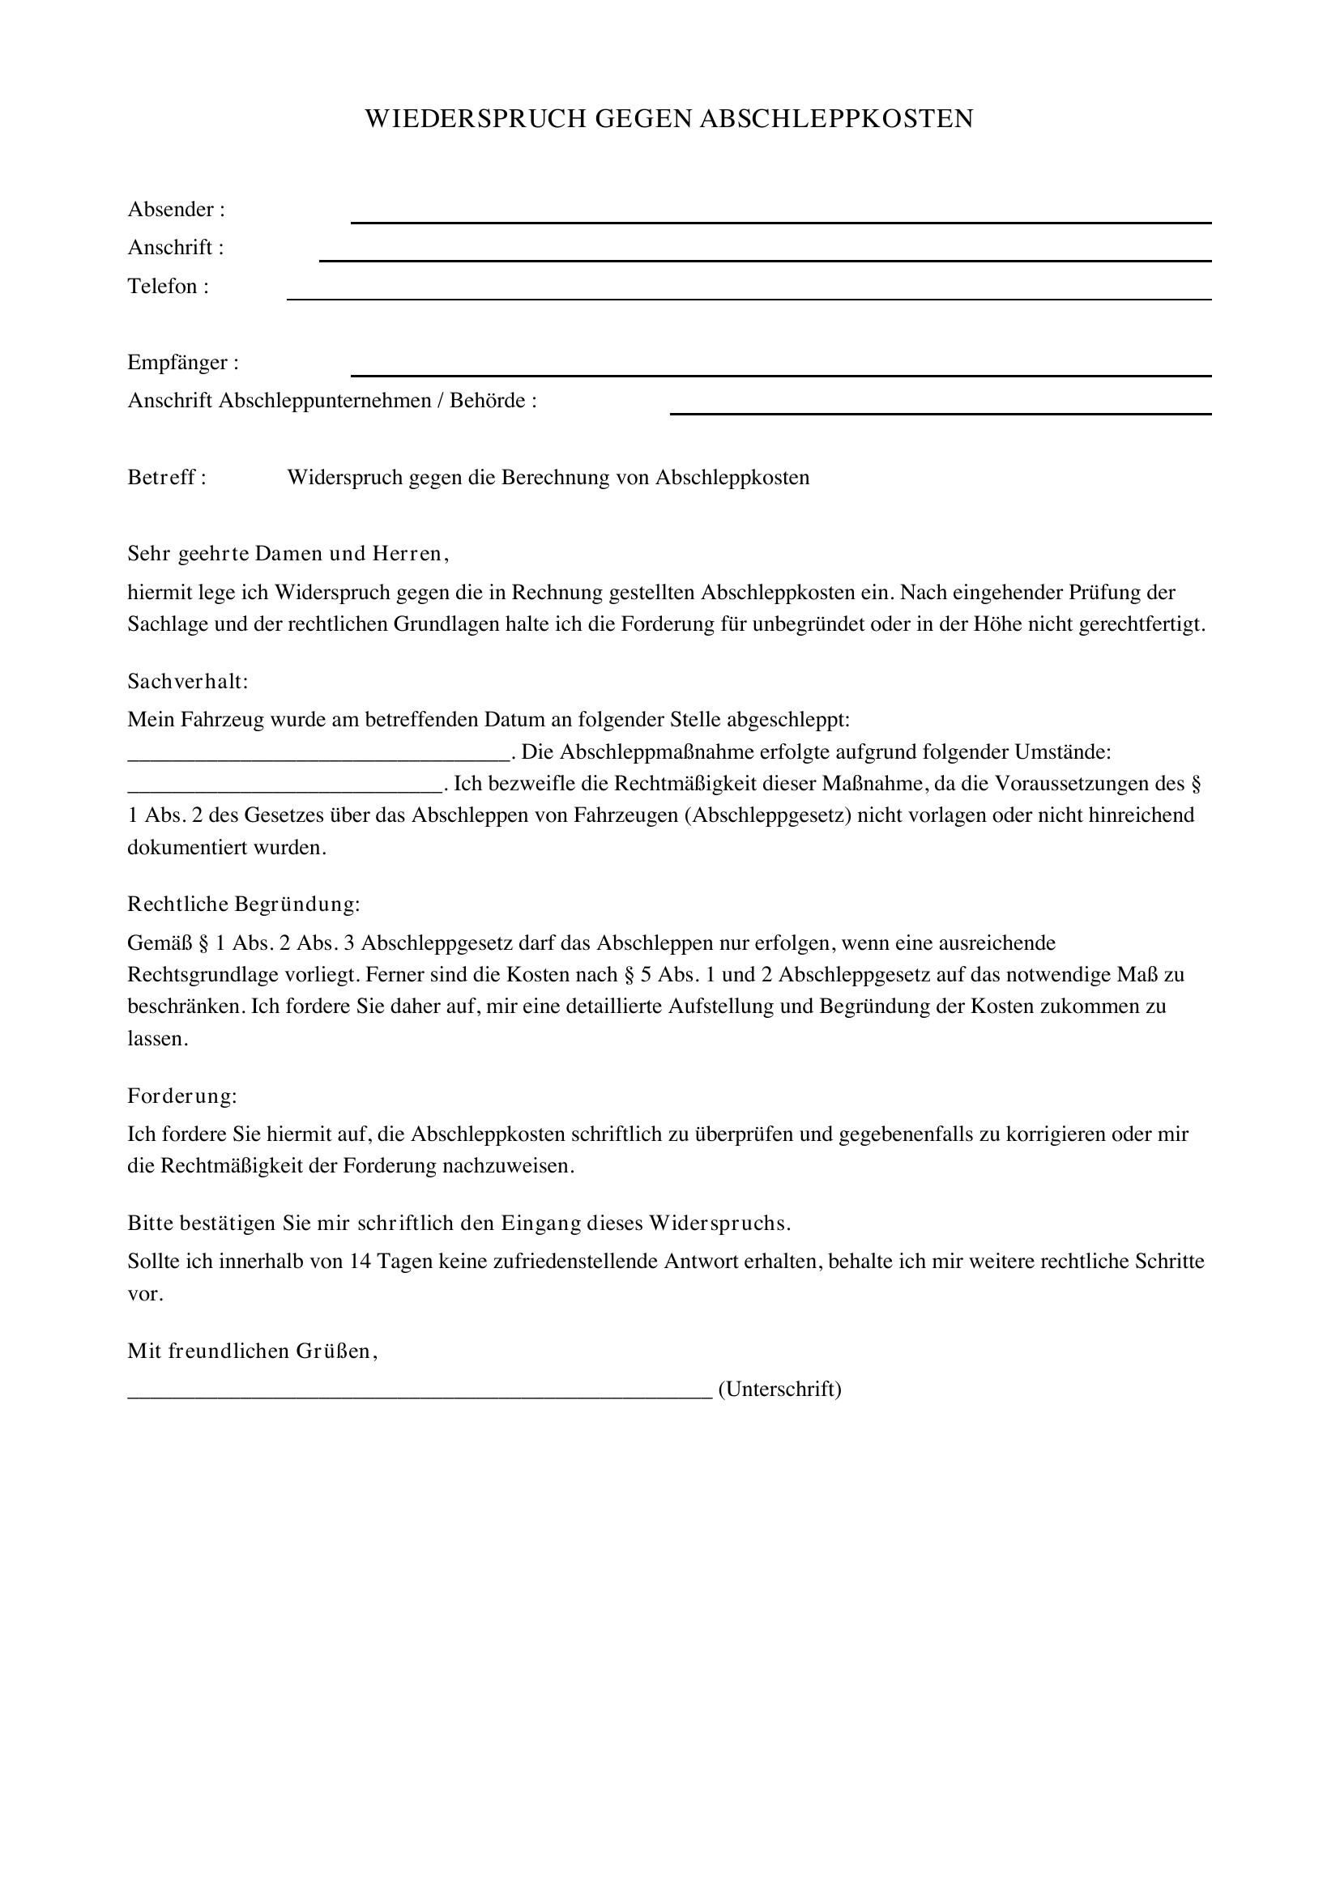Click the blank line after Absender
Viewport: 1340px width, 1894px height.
click(780, 221)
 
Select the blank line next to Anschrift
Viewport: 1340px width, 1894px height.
click(765, 259)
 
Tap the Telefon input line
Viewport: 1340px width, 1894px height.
click(749, 298)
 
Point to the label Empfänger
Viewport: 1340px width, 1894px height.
click(183, 363)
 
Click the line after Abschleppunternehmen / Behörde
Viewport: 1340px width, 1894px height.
click(940, 412)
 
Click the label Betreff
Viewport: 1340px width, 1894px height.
click(166, 478)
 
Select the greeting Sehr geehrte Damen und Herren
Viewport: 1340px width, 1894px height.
click(288, 554)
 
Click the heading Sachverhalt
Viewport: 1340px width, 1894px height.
click(187, 681)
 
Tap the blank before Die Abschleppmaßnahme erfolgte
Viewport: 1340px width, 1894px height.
click(318, 758)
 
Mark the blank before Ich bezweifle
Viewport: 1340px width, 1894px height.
click(284, 790)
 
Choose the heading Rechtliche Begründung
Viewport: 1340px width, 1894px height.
click(243, 904)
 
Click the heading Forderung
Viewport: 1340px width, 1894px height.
click(181, 1096)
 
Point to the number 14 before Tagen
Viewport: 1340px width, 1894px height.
click(360, 1262)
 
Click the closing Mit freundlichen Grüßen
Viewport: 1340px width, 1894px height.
click(253, 1351)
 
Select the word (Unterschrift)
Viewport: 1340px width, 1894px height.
click(779, 1390)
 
